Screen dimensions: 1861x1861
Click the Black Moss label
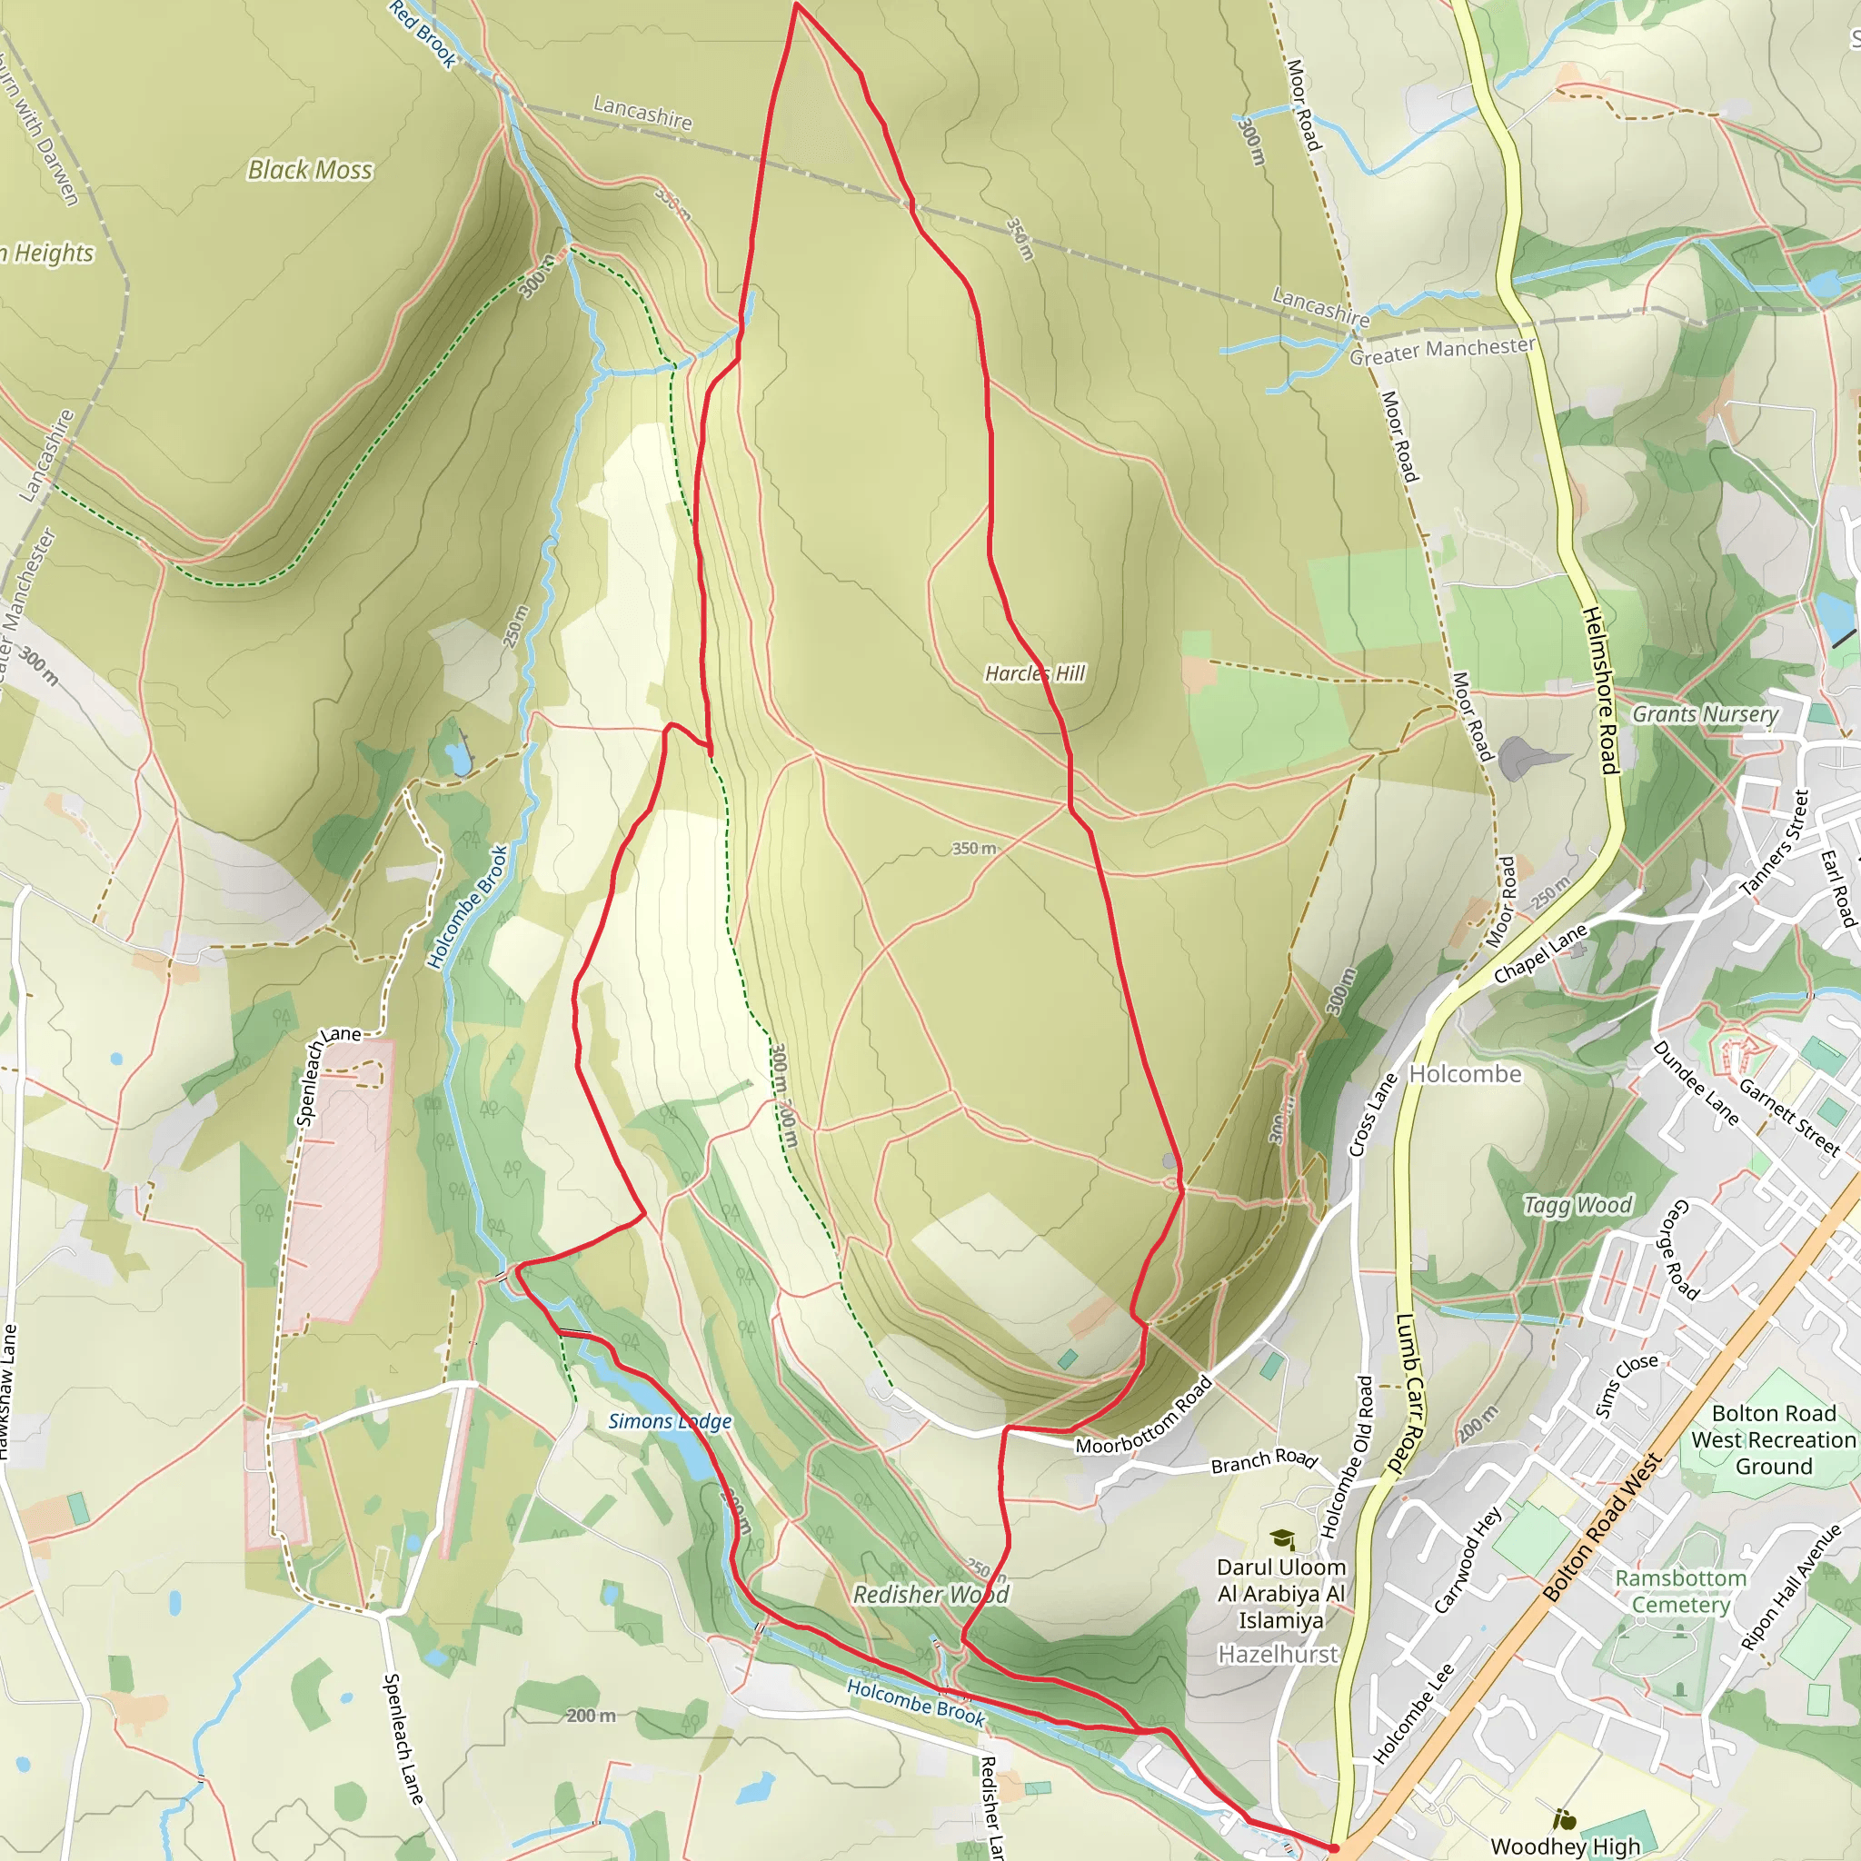(309, 171)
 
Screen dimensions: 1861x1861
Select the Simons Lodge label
(670, 1421)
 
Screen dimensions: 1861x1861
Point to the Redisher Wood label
(930, 1594)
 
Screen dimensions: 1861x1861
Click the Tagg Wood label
(1577, 1205)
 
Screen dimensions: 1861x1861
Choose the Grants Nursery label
(1705, 713)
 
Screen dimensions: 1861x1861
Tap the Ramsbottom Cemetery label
(1681, 1591)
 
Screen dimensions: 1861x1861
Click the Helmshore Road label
(1600, 690)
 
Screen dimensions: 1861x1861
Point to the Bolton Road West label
(1603, 1528)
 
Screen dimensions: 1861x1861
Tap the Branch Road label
(1264, 1460)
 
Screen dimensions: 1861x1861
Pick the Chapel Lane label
(1540, 953)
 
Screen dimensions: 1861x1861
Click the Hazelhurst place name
(1279, 1654)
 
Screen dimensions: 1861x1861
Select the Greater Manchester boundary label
(1442, 351)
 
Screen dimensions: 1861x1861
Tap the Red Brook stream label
(423, 34)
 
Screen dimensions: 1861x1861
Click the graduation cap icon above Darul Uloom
(1281, 1538)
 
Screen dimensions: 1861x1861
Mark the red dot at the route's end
(1334, 1847)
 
